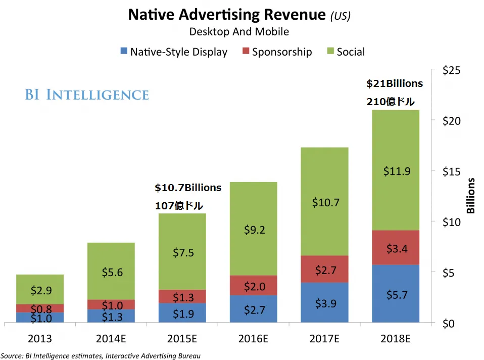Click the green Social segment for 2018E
396,170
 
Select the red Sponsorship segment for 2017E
324,269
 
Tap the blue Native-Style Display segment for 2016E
254,309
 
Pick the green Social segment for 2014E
111,271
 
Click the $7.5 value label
183,253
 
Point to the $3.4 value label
397,249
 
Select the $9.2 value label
254,230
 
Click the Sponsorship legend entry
277,52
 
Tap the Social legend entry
346,52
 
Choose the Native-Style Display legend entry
174,52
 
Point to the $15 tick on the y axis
451,171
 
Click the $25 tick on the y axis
451,70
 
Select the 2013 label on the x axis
40,339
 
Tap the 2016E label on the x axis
253,339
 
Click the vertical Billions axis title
470,196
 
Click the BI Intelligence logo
87,95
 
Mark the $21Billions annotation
395,83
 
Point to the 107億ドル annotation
179,206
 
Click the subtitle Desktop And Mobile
239,31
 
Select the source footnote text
101,356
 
